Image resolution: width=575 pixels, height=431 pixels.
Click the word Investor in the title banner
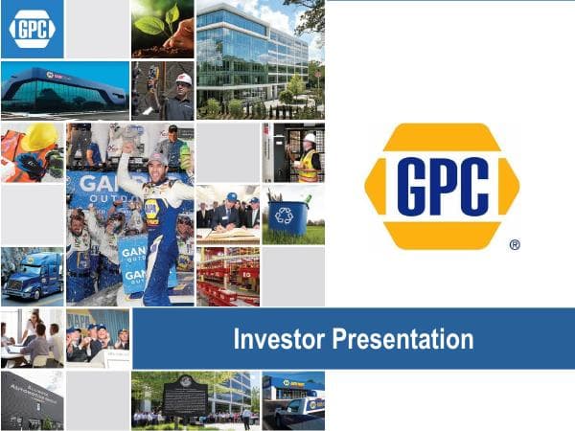278,339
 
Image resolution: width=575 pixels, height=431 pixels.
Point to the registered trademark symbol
515,245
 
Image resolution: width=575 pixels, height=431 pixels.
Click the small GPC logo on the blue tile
32,30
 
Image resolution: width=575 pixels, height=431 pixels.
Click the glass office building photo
258,57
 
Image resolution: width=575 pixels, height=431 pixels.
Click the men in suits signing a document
227,215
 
